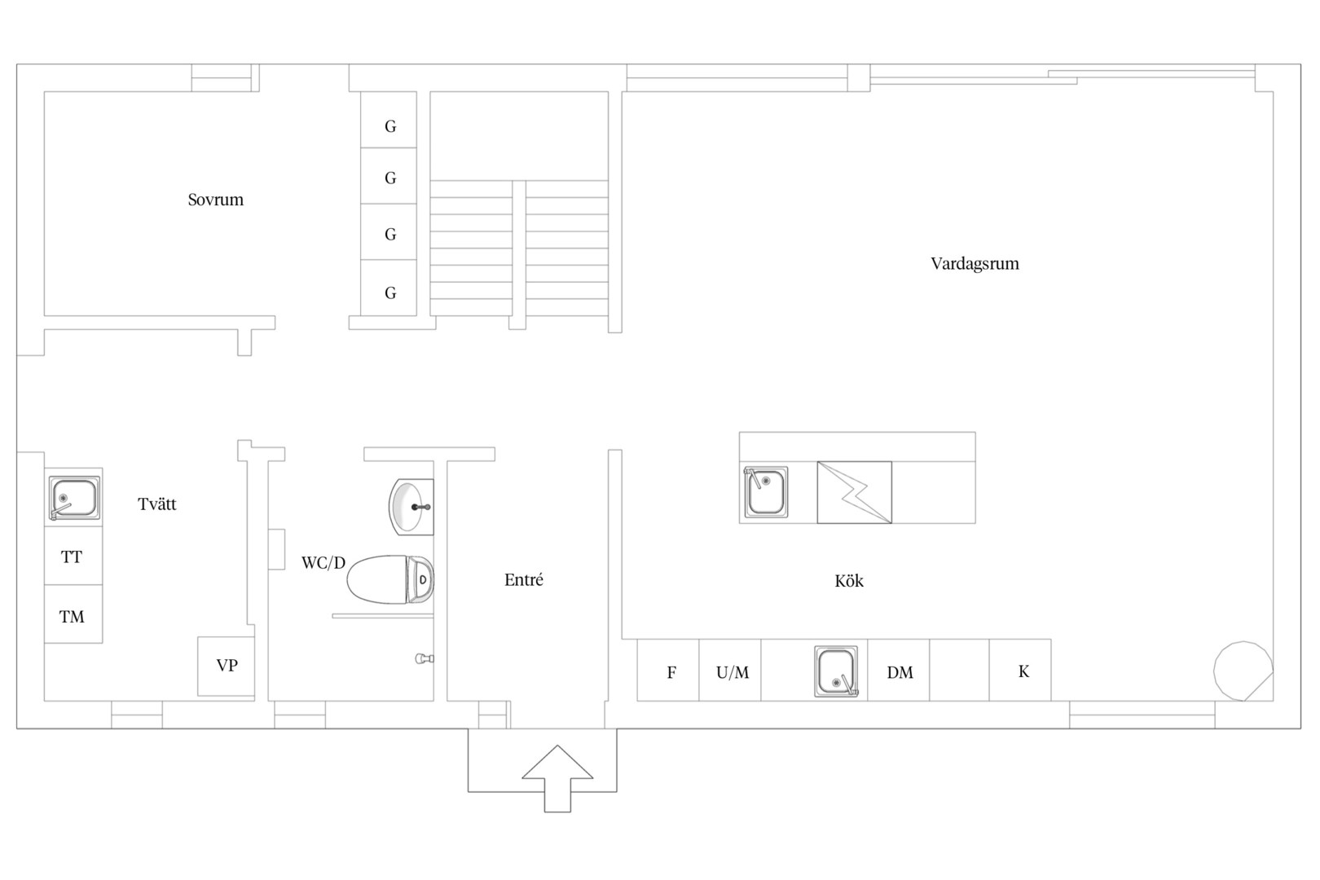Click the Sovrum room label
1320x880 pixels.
[216, 200]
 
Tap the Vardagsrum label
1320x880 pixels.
[975, 263]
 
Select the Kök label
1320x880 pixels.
[849, 581]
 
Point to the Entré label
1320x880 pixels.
[524, 580]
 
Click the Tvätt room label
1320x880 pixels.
[157, 504]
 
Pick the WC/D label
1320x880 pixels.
[323, 563]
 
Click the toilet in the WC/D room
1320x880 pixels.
[390, 579]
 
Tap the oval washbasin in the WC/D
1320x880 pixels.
[411, 507]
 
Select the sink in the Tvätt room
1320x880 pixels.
[73, 499]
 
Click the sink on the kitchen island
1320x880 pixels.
[765, 492]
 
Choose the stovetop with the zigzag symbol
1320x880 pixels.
[855, 492]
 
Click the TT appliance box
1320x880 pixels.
[73, 556]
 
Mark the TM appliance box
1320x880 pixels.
[73, 614]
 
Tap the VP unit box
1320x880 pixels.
[227, 666]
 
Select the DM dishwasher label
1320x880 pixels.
[900, 672]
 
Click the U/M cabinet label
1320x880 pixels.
[733, 672]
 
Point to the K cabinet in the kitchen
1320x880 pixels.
[1020, 670]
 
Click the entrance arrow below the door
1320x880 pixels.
[557, 779]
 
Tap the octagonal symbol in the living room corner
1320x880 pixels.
[1243, 671]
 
